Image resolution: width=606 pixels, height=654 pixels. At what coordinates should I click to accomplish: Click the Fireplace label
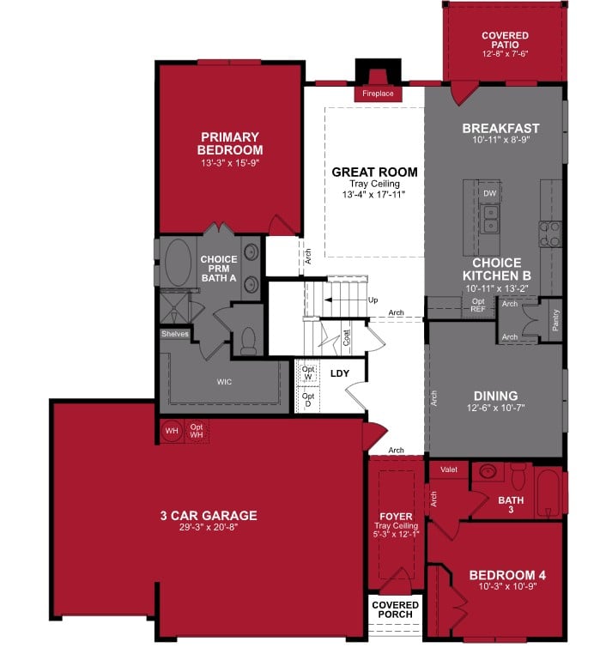(378, 93)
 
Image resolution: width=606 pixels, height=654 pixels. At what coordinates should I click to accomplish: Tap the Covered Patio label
(505, 44)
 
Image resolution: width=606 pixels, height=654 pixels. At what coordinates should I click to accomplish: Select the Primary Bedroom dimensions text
(229, 162)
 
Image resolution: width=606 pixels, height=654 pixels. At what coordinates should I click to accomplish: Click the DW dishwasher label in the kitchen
(490, 194)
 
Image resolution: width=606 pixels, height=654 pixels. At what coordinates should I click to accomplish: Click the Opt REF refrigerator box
(478, 306)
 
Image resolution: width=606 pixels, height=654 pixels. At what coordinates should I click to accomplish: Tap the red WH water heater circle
(171, 429)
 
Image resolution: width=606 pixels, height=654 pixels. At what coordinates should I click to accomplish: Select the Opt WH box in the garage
(197, 429)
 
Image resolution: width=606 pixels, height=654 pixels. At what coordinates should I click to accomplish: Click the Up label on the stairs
(373, 300)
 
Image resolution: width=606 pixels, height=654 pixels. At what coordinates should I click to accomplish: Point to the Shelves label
(174, 334)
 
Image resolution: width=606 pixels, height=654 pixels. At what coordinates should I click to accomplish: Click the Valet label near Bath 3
(449, 469)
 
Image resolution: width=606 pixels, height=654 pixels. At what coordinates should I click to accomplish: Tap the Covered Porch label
(396, 610)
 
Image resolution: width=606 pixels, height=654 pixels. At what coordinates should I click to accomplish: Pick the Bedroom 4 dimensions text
(507, 588)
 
